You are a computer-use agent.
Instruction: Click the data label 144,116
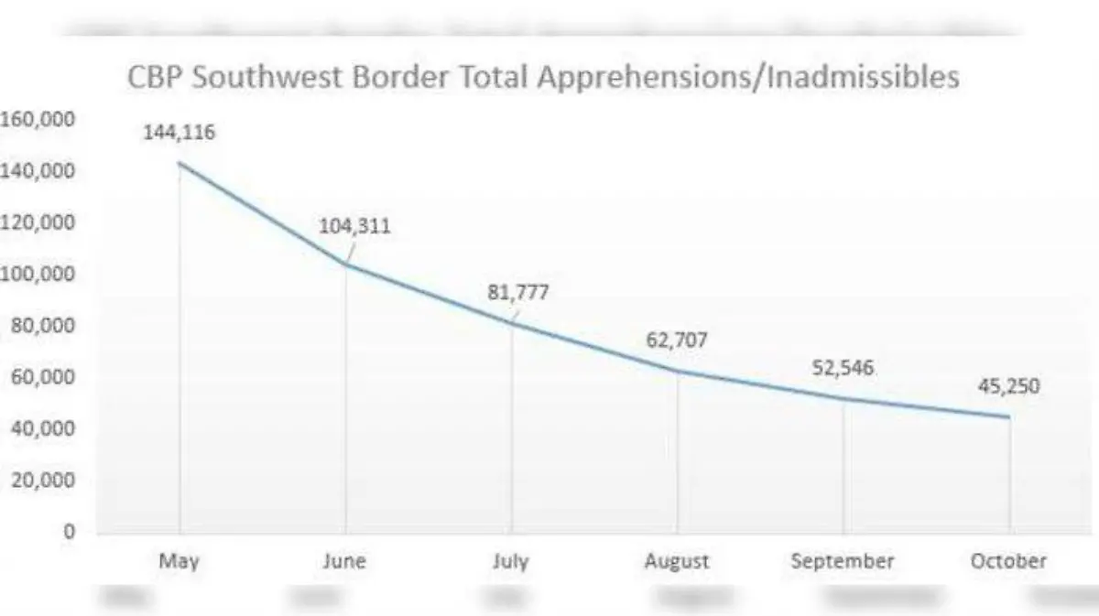click(x=179, y=133)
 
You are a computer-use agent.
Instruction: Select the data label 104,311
click(x=354, y=226)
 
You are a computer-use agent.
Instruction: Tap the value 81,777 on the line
click(x=519, y=294)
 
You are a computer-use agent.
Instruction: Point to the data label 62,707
click(x=677, y=341)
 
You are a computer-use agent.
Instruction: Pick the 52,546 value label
click(x=843, y=368)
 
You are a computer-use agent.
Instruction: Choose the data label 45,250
click(x=1008, y=386)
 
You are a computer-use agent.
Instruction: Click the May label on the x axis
click(x=180, y=561)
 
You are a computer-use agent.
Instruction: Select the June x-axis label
click(x=344, y=561)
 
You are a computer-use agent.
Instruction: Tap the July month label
click(x=511, y=561)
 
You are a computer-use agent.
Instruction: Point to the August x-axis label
click(x=677, y=562)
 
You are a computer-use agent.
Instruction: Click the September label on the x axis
click(x=843, y=562)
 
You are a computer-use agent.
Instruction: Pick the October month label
click(x=1008, y=561)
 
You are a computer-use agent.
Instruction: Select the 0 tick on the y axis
click(x=69, y=531)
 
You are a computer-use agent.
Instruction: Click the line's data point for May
click(x=180, y=163)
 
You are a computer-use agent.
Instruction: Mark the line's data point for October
click(x=1009, y=417)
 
